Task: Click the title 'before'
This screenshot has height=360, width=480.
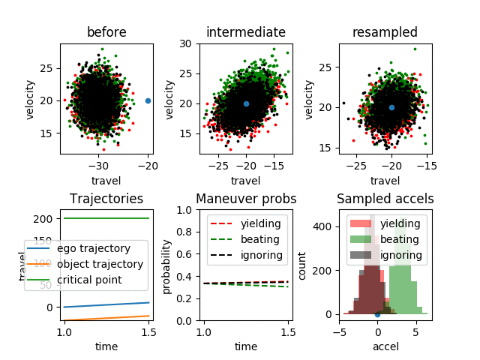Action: [106, 32]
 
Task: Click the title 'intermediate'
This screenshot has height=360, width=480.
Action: [246, 32]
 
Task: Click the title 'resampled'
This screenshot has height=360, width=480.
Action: [385, 32]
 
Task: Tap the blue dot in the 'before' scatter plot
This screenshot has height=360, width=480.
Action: [148, 100]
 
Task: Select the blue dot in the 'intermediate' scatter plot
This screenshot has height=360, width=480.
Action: [246, 104]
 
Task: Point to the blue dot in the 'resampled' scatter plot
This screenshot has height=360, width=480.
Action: [391, 107]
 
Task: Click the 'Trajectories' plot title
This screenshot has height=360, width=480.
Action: [106, 199]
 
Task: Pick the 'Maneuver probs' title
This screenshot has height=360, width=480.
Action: [246, 199]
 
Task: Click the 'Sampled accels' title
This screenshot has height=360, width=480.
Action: [385, 199]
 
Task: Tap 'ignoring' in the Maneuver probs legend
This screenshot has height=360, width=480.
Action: [261, 255]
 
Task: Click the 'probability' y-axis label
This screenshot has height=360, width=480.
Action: [167, 265]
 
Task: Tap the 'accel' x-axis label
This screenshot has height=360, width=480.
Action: [385, 346]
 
